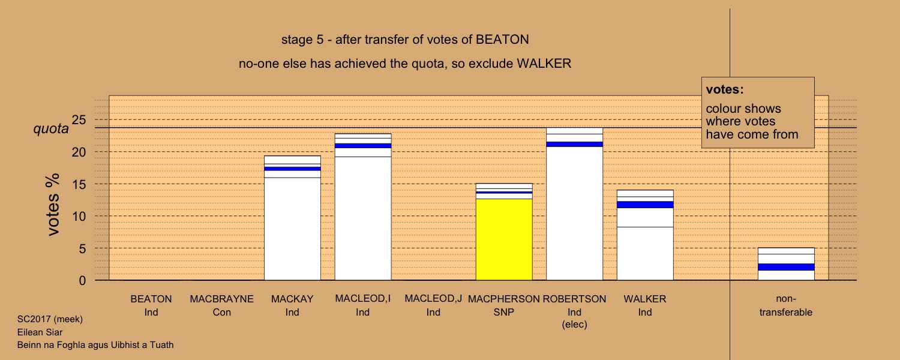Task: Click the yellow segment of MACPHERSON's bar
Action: point(504,239)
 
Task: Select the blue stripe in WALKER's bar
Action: point(645,205)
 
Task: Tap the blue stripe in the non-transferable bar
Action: point(786,267)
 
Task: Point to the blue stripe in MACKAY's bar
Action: point(292,169)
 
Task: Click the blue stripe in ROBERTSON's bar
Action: point(575,144)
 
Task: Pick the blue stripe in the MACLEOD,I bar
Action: point(363,146)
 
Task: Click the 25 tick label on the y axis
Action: point(79,120)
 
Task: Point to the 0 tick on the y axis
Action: point(82,280)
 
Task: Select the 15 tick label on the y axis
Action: point(79,184)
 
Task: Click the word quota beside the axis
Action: point(51,128)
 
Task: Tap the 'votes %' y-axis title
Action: point(53,205)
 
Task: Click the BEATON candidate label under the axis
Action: point(151,299)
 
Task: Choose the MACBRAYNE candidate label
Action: point(222,299)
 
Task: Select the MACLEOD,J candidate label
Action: point(433,299)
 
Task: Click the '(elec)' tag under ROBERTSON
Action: point(575,324)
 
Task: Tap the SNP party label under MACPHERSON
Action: point(504,312)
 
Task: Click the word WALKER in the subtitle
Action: point(544,64)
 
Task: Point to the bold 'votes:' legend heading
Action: point(725,89)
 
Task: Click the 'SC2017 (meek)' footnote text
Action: point(50,319)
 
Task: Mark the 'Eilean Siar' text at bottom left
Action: point(40,332)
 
